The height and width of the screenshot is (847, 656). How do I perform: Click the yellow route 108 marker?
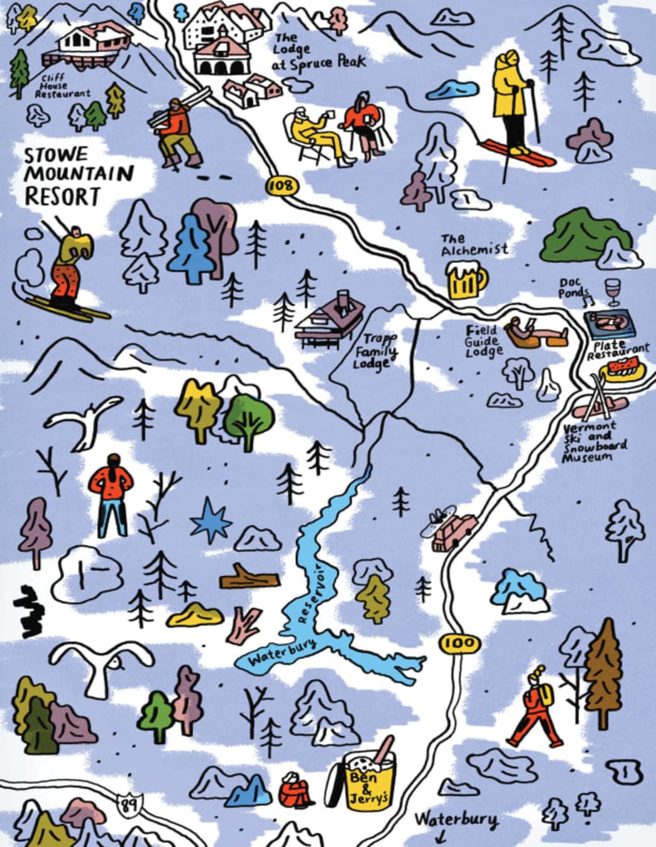(281, 185)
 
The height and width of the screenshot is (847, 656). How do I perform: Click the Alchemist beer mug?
(466, 281)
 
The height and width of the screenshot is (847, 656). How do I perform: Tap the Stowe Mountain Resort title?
(79, 176)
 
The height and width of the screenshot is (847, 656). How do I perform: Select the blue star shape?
(210, 521)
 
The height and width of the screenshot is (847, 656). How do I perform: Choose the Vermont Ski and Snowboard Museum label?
(594, 443)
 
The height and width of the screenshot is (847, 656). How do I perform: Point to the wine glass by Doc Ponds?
(612, 293)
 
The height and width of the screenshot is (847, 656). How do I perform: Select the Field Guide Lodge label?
(483, 342)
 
